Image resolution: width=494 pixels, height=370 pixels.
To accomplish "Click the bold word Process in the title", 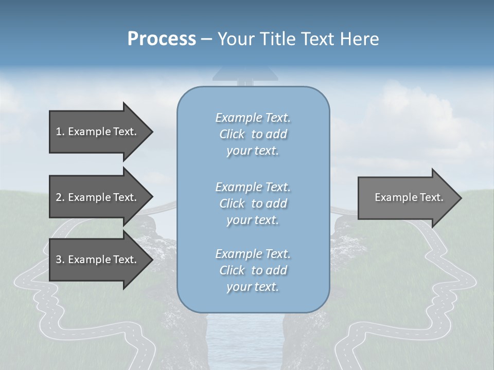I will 162,39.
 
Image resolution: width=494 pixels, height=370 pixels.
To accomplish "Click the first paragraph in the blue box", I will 253,134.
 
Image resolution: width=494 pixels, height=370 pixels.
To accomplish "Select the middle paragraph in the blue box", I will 253,203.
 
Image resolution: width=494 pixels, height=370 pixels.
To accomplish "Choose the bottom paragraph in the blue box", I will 253,270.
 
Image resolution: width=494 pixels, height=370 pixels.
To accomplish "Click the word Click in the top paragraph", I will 232,134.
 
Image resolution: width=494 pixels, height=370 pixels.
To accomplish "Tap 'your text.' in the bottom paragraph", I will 253,287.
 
